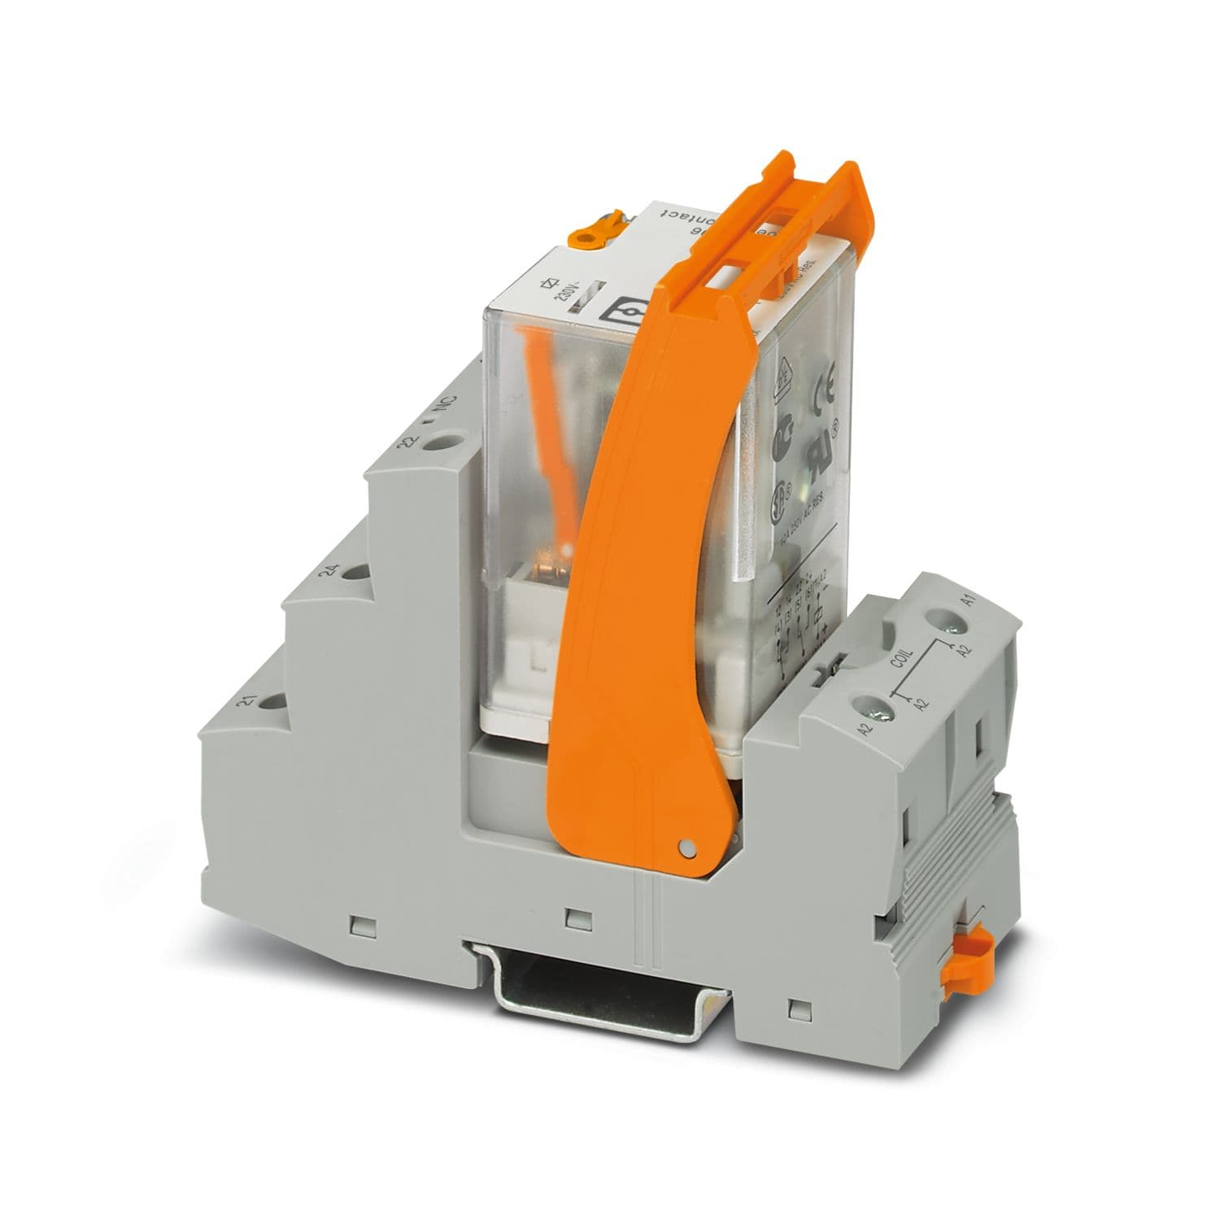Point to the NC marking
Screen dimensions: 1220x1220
pos(447,404)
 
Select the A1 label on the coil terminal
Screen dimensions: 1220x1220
pos(967,602)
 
